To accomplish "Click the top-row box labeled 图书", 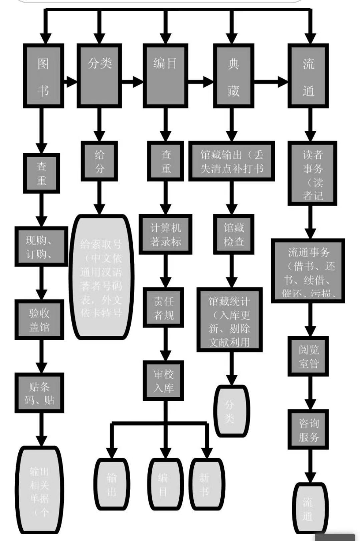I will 43,76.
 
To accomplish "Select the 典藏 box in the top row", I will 233,76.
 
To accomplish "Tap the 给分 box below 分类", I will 99,161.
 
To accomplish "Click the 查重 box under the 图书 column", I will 41,173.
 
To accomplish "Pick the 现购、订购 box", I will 41,247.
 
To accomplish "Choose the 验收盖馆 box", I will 39,320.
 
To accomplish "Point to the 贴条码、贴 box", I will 39,393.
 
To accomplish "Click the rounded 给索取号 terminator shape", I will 101,277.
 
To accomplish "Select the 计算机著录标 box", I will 165,234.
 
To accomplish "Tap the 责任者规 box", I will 164,307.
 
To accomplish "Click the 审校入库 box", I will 164,380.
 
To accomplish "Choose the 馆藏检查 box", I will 234,234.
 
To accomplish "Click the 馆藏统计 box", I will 229,320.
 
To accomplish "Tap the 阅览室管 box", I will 308,356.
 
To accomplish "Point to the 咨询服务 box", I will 308,430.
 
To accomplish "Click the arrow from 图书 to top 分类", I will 70,81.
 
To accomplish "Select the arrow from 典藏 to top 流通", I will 271,81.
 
